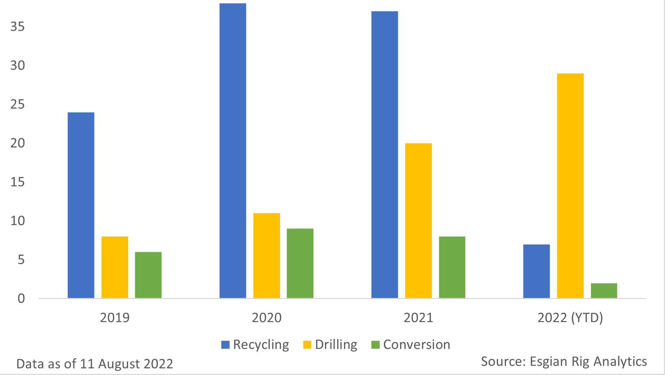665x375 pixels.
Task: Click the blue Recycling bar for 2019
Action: coord(81,205)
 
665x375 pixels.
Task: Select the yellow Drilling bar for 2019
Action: coord(115,267)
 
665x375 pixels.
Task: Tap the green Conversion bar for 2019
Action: coord(148,275)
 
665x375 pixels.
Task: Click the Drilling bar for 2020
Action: coord(267,256)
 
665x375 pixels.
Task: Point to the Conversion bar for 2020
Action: coord(300,263)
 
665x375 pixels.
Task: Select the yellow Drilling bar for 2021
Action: coord(419,221)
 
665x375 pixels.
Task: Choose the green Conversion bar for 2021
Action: coord(452,267)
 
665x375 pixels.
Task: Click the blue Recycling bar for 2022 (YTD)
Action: coord(537,271)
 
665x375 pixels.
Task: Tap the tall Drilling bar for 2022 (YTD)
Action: coord(570,186)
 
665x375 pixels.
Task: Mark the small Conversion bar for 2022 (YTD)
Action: coord(604,290)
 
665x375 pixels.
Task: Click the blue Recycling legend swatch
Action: coord(225,345)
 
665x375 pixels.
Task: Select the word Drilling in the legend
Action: coord(336,345)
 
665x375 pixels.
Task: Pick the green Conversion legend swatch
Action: coord(375,345)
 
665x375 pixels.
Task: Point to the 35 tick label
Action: coord(18,27)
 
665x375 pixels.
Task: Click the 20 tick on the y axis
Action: coord(18,143)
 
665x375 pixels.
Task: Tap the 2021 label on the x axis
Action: coord(419,318)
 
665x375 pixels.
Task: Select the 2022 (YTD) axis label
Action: coord(570,318)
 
